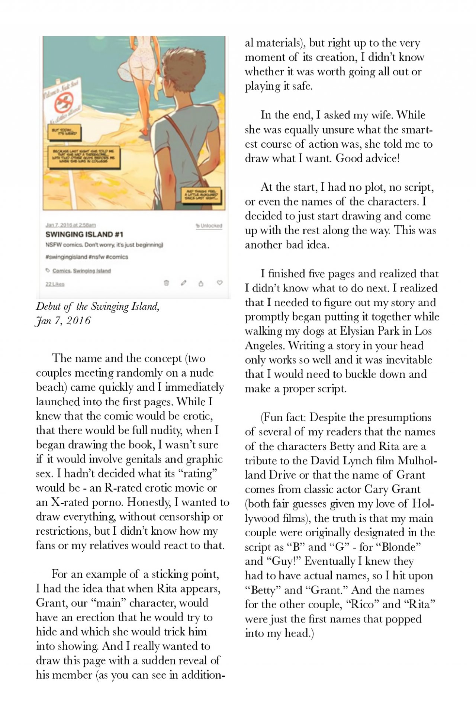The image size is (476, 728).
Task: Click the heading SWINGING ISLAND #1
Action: (84, 234)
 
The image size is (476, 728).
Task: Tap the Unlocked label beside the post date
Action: (209, 226)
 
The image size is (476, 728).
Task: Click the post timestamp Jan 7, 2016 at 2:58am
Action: (71, 225)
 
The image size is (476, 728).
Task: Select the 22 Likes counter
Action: (55, 284)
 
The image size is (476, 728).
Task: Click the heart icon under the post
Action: (219, 283)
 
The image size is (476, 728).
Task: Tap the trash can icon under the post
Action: (167, 283)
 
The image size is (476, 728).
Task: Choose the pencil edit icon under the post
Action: (183, 283)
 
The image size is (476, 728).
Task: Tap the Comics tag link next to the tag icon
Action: (61, 271)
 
